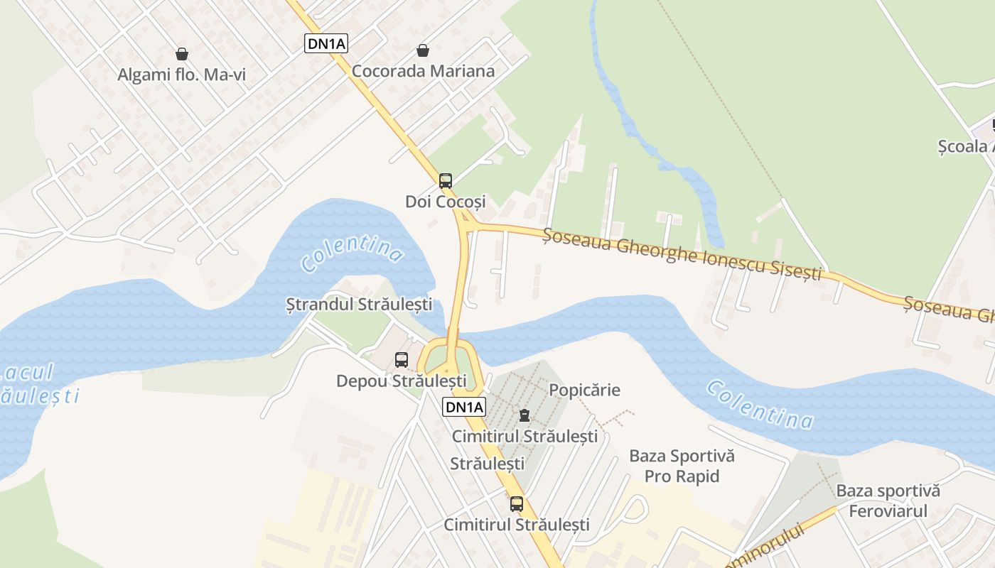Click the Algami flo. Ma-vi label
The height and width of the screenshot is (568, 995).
click(x=181, y=75)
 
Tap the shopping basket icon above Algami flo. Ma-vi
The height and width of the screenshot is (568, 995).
click(x=182, y=54)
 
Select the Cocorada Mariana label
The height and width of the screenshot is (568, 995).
click(x=423, y=71)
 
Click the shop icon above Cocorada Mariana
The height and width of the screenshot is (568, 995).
click(x=423, y=50)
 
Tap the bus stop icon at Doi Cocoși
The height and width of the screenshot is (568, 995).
click(x=446, y=180)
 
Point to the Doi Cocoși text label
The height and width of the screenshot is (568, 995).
click(x=446, y=202)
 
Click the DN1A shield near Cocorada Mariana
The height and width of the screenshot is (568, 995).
click(x=327, y=44)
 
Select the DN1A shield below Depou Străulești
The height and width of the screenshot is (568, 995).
click(x=464, y=407)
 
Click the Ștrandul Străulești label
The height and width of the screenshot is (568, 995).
click(x=359, y=305)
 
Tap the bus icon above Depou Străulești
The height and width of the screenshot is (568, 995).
click(x=402, y=359)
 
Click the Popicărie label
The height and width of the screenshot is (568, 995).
click(x=584, y=390)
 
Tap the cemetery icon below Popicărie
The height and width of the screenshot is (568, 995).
click(x=525, y=415)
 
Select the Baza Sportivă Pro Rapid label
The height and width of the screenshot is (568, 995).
click(x=682, y=466)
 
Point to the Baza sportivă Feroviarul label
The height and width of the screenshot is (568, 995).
click(x=888, y=501)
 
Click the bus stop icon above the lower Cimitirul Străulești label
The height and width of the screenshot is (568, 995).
click(x=517, y=504)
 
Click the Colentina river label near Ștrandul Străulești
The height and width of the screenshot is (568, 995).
click(x=352, y=253)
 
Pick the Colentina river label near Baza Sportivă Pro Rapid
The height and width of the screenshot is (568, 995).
click(x=760, y=405)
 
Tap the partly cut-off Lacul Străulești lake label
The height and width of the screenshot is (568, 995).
click(x=39, y=384)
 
